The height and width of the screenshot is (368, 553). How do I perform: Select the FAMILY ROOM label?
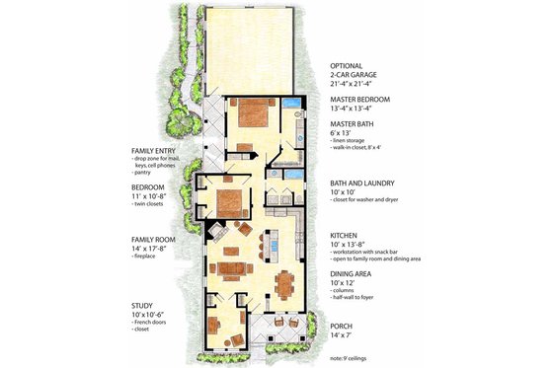tap(158, 239)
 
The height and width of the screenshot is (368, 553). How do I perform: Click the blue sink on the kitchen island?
tap(277, 244)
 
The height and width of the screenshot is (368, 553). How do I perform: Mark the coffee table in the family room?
tap(234, 268)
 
